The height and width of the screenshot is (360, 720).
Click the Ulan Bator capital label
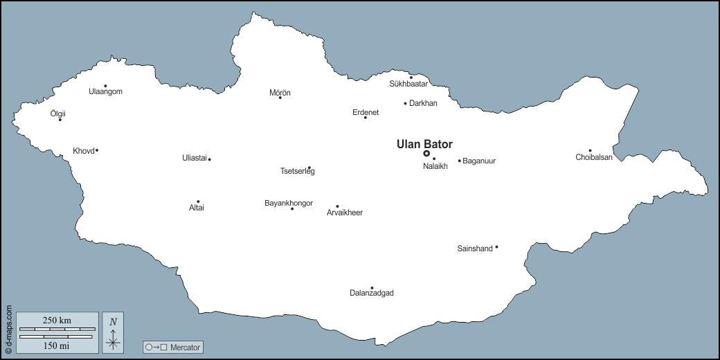coord(424,145)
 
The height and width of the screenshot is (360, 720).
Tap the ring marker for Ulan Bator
coord(426,154)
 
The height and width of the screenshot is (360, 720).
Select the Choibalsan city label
coord(594,158)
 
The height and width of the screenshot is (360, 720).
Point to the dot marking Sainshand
coord(496,247)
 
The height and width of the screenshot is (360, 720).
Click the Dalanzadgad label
coord(372,294)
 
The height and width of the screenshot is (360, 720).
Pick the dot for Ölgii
coord(60,120)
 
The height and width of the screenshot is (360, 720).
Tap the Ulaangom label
coord(106,91)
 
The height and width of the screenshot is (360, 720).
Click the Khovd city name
coord(83,151)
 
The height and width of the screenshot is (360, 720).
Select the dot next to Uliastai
coord(209,159)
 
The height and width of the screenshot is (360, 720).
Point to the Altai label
coord(197,208)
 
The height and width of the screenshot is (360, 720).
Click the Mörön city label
coord(280,93)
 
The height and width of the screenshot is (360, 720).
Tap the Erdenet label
coord(366,112)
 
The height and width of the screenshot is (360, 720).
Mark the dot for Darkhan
coord(406,103)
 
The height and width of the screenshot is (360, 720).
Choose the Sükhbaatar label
coord(408,84)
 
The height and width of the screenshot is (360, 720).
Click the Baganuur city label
coord(479,161)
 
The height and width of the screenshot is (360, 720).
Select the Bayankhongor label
coord(289,203)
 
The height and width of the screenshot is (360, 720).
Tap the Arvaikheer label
coord(345,213)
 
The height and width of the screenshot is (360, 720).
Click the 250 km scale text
coord(57,320)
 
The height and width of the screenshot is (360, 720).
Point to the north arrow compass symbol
coord(113,332)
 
